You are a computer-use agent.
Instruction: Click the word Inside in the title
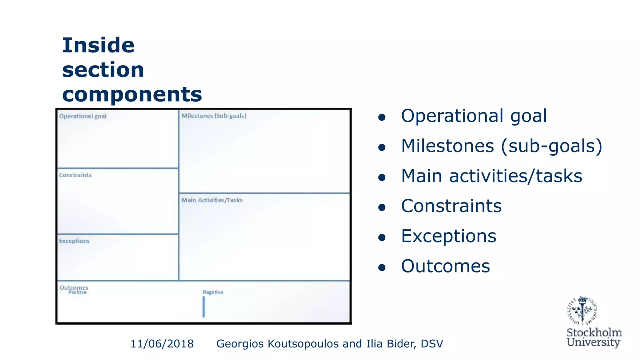(98, 46)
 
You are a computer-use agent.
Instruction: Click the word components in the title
(132, 94)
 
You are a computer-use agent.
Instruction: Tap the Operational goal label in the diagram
(83, 116)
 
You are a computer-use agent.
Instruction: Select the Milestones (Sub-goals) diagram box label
(214, 116)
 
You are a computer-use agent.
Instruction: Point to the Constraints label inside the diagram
(75, 175)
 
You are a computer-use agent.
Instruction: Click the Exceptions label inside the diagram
(74, 241)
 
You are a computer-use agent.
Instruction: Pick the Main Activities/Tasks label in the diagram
(212, 200)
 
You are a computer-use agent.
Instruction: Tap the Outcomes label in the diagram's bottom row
(74, 287)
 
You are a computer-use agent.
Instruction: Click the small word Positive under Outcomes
(77, 292)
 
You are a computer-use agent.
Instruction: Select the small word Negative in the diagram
(213, 292)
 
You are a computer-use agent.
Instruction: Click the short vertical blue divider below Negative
(204, 306)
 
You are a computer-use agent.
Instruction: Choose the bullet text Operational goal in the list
(474, 116)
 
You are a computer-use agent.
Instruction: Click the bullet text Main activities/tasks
(492, 176)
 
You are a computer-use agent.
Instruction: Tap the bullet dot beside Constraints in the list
(382, 207)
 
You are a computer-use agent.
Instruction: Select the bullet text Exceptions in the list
(448, 236)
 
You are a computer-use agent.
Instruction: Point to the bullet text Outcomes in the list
(445, 266)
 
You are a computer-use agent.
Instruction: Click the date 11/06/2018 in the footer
(162, 344)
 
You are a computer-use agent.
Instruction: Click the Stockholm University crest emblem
(582, 311)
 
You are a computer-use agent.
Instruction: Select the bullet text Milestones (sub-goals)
(501, 146)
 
